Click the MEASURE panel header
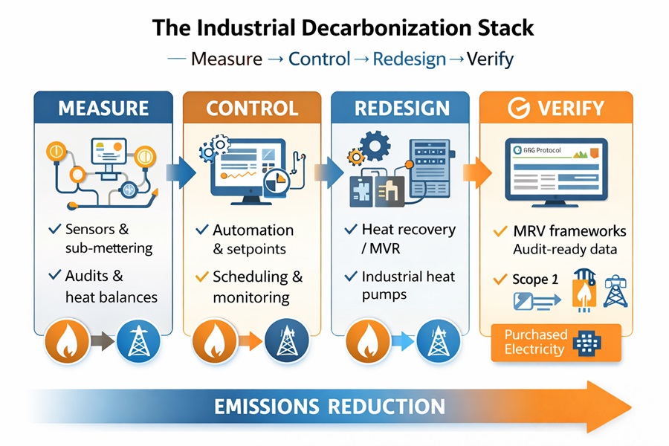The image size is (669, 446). [103, 108]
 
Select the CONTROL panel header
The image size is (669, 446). [252, 108]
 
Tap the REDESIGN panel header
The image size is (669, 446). [401, 108]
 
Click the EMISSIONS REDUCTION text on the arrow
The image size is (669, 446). [329, 407]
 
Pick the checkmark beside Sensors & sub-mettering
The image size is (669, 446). [54, 229]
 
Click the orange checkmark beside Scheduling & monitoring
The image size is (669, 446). [201, 277]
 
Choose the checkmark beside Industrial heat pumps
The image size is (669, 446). [351, 277]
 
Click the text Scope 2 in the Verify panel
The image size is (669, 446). [534, 279]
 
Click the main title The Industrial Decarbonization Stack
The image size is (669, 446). [343, 28]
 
